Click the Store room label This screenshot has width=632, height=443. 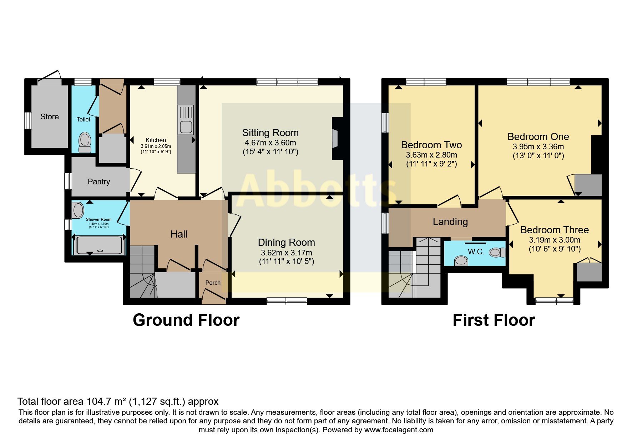point(50,116)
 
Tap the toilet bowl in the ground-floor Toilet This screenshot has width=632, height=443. point(85,142)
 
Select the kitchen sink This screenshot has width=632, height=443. point(186,119)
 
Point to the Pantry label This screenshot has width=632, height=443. point(99,181)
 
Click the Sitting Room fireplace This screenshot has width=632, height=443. point(335,138)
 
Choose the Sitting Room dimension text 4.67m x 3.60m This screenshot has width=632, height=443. point(271,143)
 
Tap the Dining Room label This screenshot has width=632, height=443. point(287,242)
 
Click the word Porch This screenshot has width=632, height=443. point(213,283)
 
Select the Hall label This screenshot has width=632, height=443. point(179,234)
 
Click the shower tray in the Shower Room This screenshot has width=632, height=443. point(100,245)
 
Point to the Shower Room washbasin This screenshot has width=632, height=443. point(78,210)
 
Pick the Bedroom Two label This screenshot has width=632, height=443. point(431,145)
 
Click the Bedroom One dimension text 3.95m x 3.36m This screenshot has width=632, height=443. point(539,146)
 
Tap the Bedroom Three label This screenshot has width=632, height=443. point(555,230)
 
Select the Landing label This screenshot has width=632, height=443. point(450,222)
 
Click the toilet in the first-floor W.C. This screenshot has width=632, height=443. point(497,253)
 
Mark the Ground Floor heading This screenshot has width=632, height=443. point(186,320)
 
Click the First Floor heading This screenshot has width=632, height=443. point(494,320)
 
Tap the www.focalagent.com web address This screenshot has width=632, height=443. point(399,430)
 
